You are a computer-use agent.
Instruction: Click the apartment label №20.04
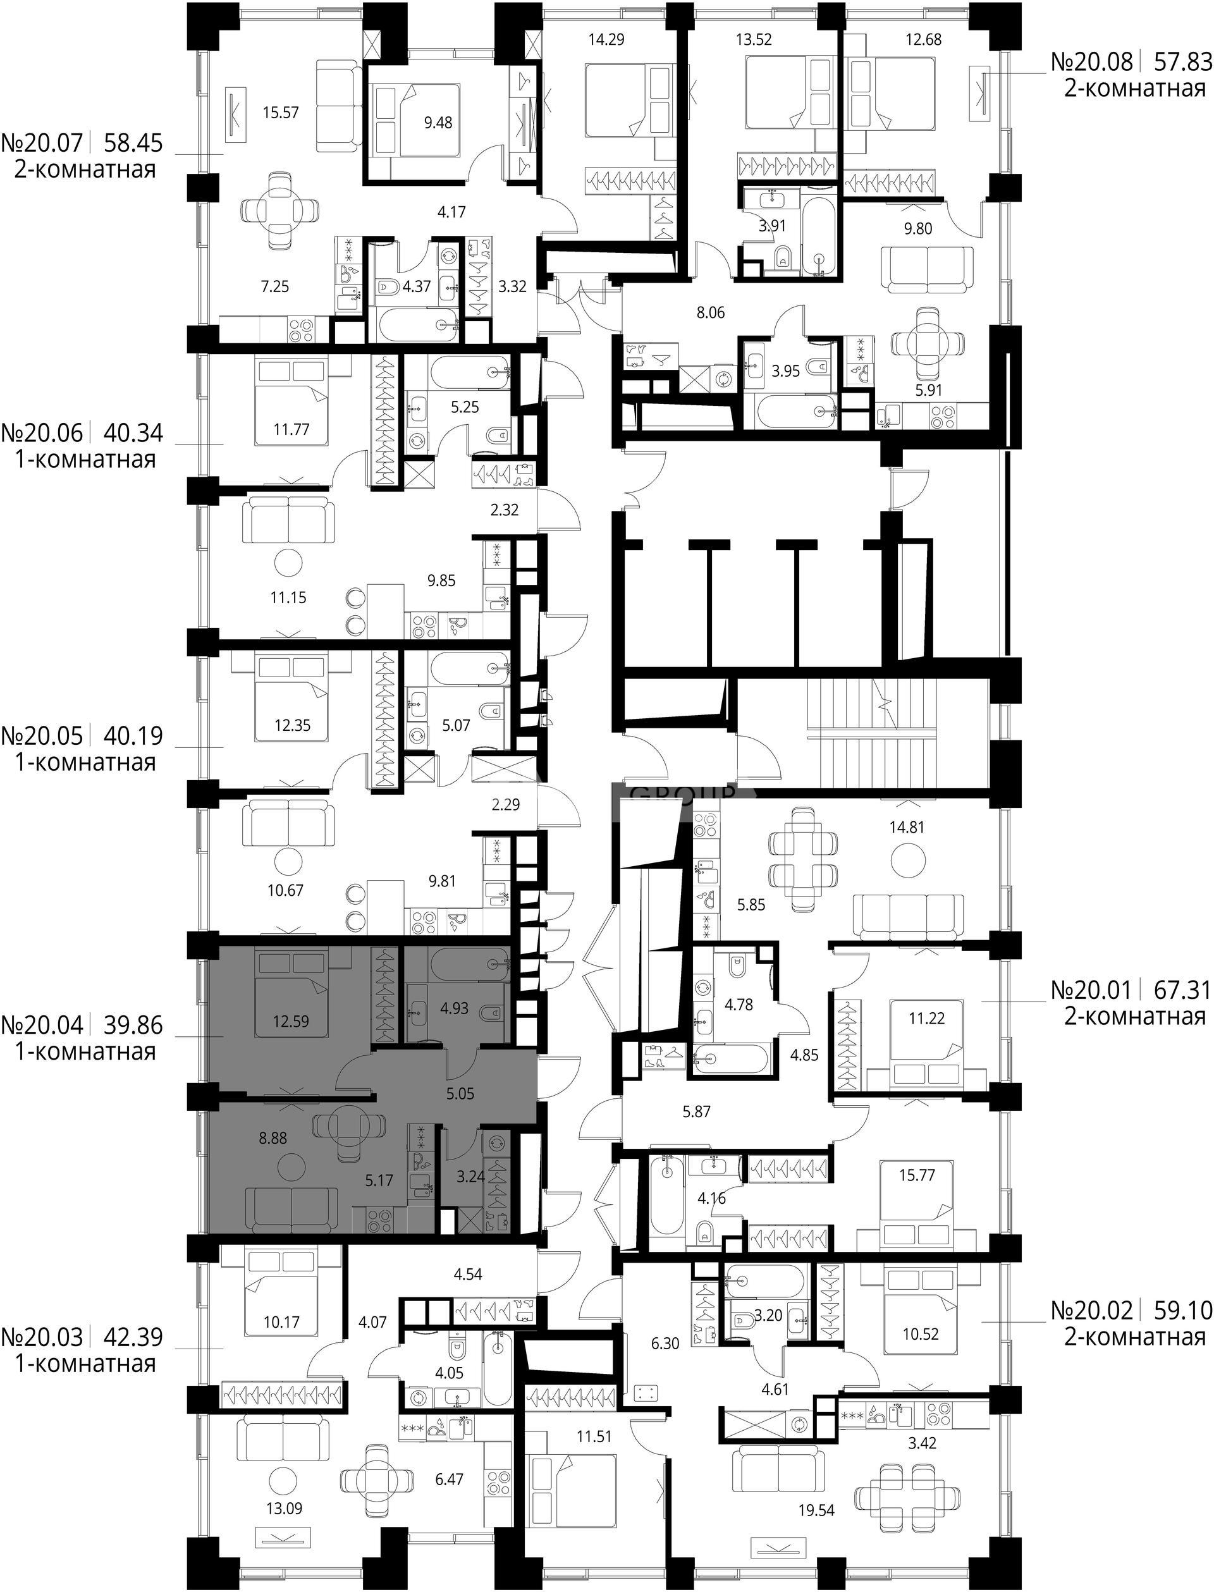42,1025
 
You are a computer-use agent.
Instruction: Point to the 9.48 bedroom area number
438,122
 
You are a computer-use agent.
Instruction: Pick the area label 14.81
907,827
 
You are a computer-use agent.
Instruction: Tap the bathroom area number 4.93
455,1008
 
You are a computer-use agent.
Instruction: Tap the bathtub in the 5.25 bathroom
470,373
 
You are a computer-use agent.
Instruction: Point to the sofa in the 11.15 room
288,520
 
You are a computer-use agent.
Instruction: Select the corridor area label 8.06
710,313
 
